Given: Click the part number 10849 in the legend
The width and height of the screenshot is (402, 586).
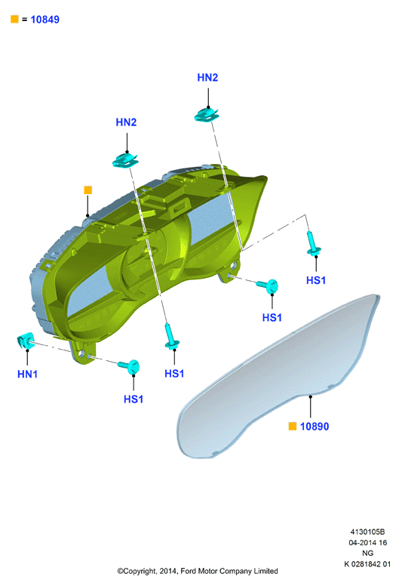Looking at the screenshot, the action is pyautogui.click(x=44, y=20).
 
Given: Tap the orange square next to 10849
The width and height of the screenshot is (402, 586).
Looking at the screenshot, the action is pyautogui.click(x=14, y=19).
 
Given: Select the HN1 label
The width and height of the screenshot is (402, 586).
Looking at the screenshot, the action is pyautogui.click(x=27, y=374).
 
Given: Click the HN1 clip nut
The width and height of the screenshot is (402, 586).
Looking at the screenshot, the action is pyautogui.click(x=26, y=341).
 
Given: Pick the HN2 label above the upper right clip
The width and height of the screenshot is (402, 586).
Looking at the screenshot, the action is pyautogui.click(x=207, y=77).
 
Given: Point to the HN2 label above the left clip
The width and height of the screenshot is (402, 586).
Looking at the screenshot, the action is pyautogui.click(x=126, y=122).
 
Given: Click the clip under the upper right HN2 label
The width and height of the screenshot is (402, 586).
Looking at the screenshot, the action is pyautogui.click(x=207, y=114).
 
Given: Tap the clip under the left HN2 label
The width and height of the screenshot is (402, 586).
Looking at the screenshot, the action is pyautogui.click(x=125, y=160).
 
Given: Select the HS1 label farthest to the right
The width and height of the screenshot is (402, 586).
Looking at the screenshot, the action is pyautogui.click(x=316, y=280).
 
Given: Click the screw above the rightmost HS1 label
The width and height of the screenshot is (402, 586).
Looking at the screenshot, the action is pyautogui.click(x=313, y=243).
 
